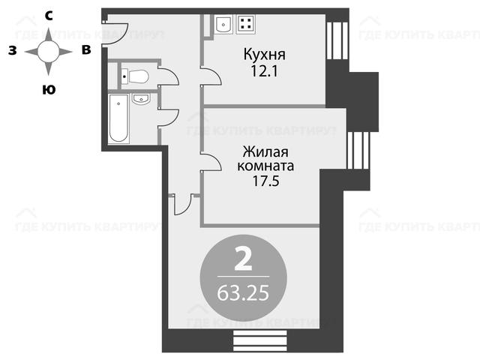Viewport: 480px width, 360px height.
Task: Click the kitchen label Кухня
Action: (265, 55)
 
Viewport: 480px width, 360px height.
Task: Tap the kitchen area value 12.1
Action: (264, 71)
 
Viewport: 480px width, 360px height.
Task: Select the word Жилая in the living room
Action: (265, 151)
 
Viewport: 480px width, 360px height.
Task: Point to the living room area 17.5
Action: (265, 181)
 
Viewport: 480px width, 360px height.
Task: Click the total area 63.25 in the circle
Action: (243, 292)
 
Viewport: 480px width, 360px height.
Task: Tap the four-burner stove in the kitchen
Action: (246, 24)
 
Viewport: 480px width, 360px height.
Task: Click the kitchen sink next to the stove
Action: (223, 24)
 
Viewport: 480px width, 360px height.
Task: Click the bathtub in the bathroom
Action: (118, 118)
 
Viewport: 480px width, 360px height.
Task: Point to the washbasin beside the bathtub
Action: (141, 99)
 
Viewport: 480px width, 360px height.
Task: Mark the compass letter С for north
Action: (48, 16)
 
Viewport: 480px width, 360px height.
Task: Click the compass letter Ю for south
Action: (49, 90)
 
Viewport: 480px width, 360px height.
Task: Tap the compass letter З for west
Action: (12, 50)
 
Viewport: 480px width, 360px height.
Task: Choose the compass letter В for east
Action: (86, 49)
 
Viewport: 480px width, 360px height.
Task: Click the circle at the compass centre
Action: (48, 52)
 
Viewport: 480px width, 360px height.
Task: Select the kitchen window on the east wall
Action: (337, 40)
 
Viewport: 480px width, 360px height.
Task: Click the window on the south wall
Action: (260, 340)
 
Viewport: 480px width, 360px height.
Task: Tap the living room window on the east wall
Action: (358, 150)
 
